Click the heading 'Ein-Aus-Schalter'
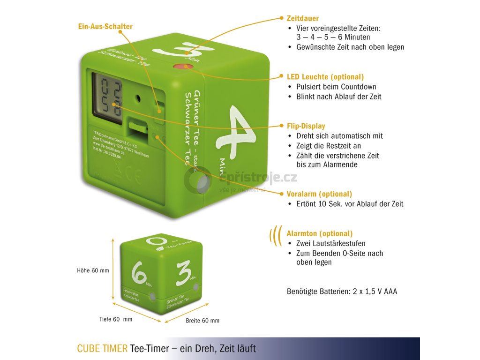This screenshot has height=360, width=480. coord(105,26)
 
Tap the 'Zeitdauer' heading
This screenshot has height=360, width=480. coord(302,18)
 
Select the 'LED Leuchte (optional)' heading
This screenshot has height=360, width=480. coord(325,77)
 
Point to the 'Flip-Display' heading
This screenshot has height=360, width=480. coord(306,126)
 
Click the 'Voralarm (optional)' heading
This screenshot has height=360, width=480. coord(319,194)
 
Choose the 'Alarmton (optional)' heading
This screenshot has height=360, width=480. coord(320,233)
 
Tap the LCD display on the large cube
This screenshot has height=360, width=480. coord(106,97)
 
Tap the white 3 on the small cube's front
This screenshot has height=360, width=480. coord(183,274)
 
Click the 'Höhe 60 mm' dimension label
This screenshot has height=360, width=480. coord(93,270)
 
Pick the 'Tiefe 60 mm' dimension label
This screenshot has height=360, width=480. coord(116,319)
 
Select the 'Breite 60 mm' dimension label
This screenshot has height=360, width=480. coord(202,321)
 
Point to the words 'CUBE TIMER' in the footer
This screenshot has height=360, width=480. coord(102,349)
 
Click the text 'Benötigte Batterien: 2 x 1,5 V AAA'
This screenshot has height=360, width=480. coord(342,292)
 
